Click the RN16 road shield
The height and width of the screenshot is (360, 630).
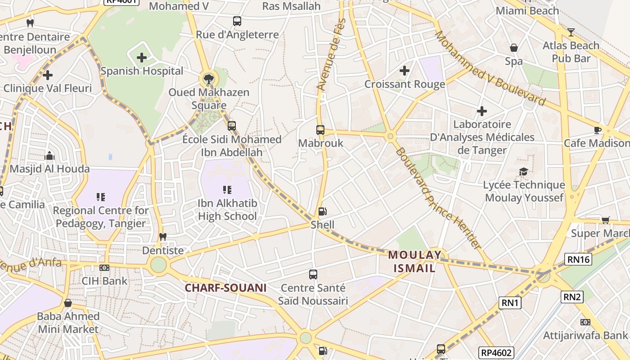click(578, 259)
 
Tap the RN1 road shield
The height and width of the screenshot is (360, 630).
click(510, 303)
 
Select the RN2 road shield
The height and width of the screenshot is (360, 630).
click(572, 297)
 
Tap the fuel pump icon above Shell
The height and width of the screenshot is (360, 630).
click(322, 211)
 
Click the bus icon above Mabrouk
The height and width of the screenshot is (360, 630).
click(320, 130)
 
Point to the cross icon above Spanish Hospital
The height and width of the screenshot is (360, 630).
click(142, 58)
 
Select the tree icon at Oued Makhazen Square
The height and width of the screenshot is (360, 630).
click(208, 80)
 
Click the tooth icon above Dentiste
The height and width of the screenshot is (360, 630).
click(163, 237)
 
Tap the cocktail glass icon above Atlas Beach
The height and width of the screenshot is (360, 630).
click(571, 32)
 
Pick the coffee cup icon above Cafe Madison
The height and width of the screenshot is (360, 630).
click(597, 130)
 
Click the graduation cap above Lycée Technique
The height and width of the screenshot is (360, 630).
click(523, 171)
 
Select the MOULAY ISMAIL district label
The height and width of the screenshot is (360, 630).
click(414, 261)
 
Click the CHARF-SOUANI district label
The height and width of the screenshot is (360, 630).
click(226, 288)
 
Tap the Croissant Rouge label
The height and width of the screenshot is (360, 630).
click(405, 84)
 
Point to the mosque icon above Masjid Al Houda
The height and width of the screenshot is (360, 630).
click(49, 156)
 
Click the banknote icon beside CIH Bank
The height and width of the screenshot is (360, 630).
click(104, 268)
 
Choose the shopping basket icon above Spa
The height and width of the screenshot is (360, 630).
click(513, 48)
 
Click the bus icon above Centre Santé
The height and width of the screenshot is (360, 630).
click(313, 274)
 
